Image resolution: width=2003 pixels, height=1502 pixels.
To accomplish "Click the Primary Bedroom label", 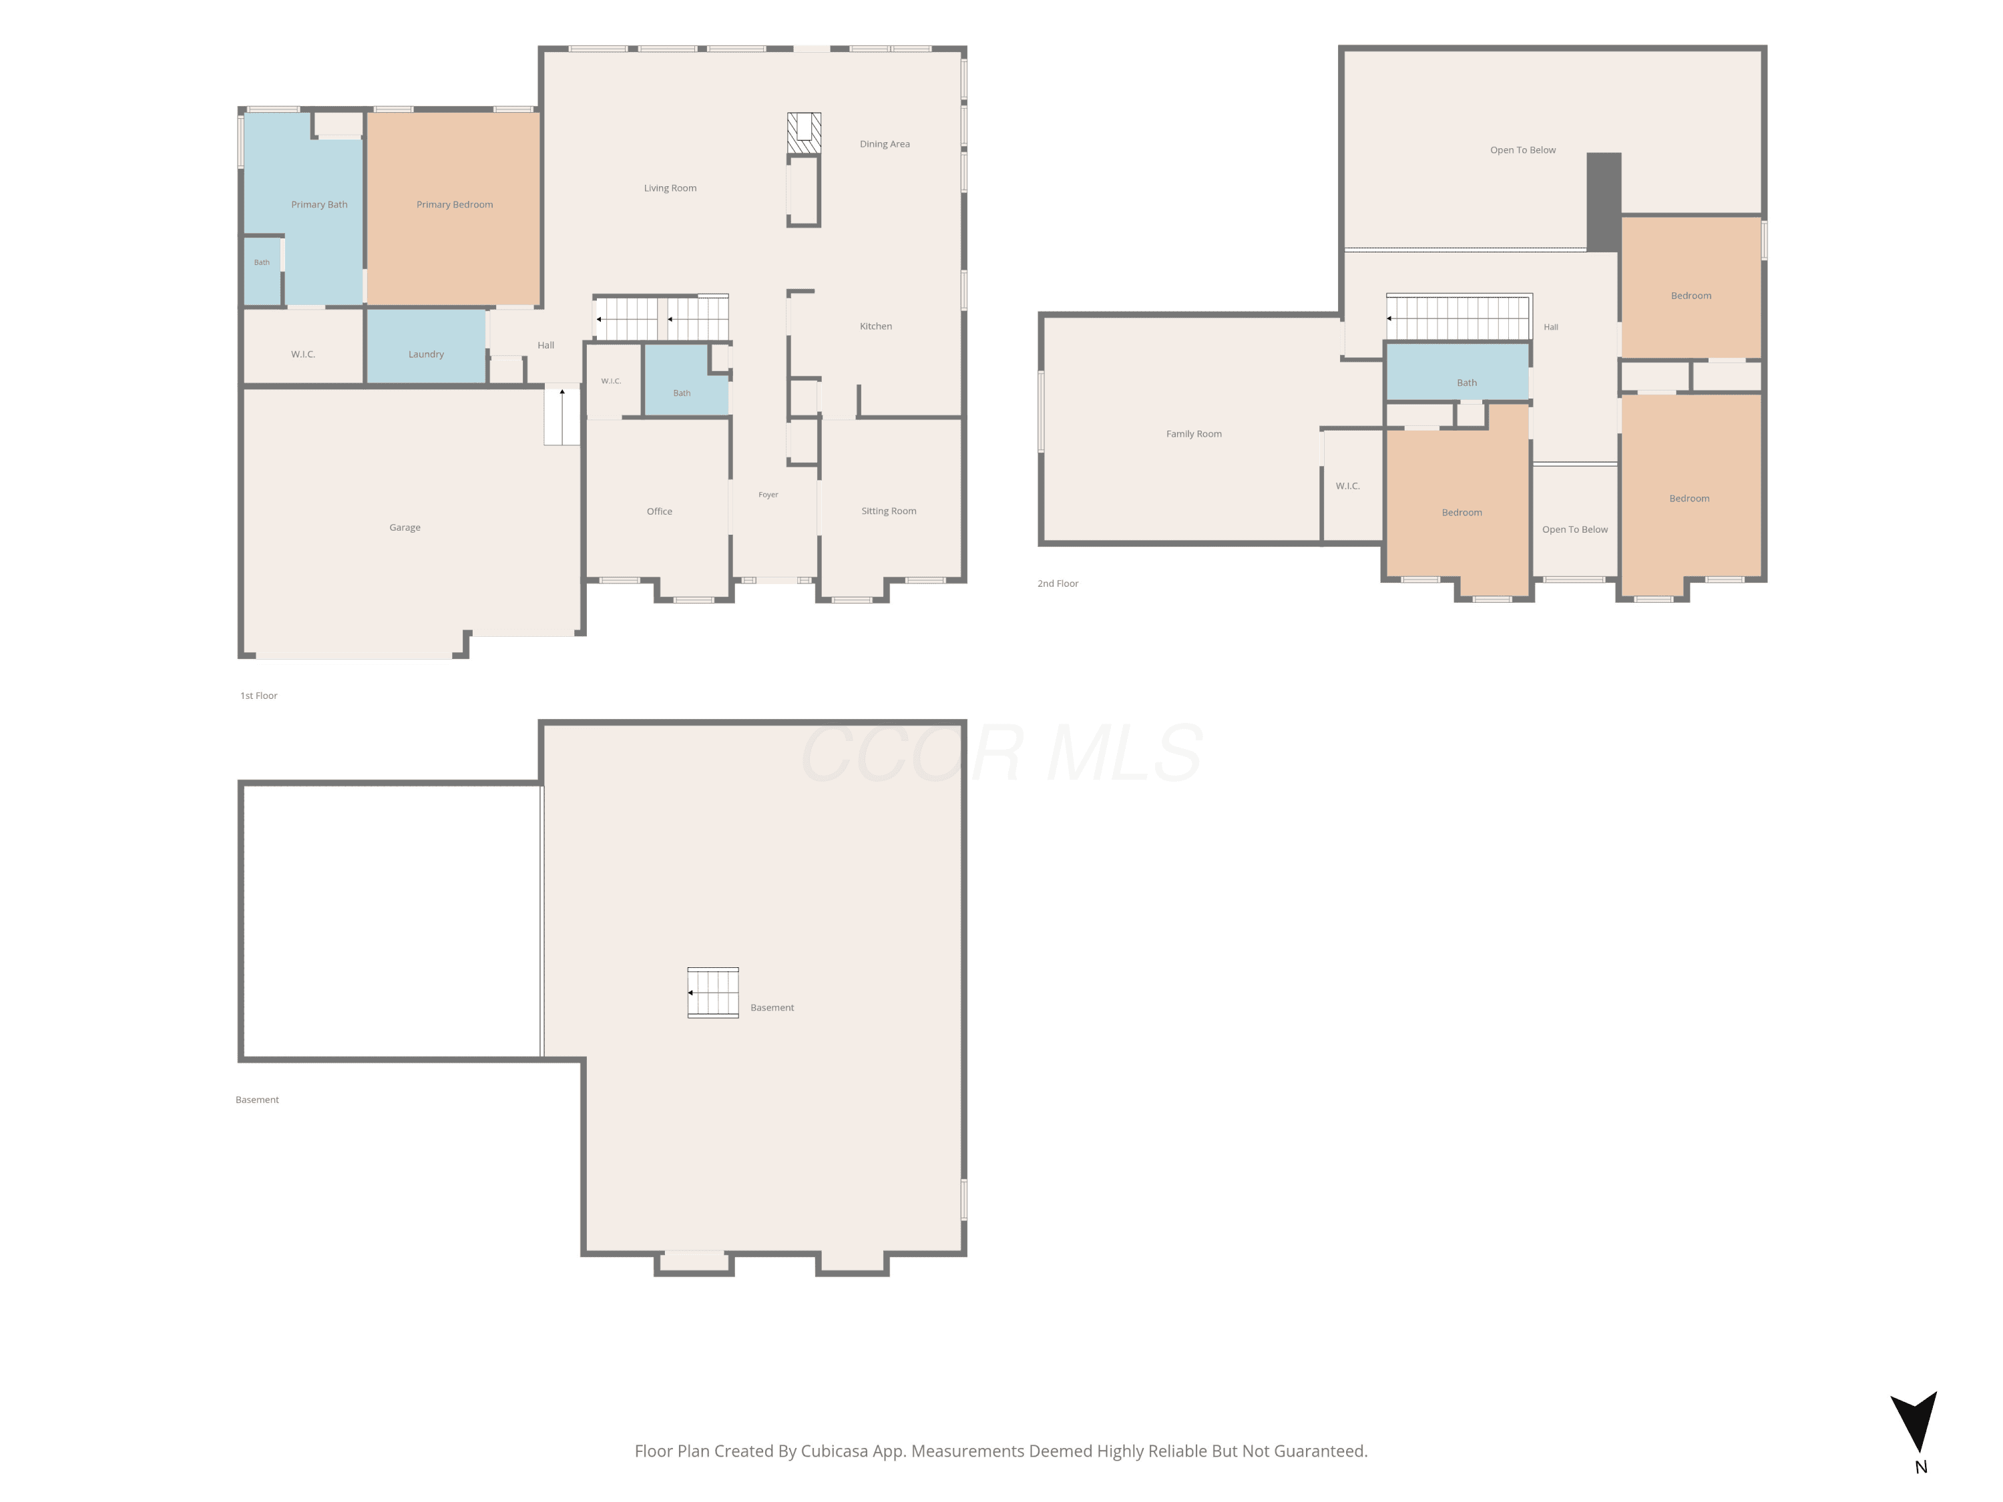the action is [x=455, y=205].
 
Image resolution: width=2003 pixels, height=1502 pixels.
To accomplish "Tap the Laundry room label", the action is [x=425, y=354].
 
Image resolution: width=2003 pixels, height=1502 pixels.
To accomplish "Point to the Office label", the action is [x=659, y=511].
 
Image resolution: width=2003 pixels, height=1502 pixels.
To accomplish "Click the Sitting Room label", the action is [x=888, y=511].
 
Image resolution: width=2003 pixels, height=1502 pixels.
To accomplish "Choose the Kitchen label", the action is [x=875, y=326].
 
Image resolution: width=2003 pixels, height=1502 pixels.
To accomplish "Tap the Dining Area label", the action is [x=885, y=144].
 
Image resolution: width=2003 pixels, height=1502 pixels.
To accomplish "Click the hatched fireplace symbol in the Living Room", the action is [x=804, y=133].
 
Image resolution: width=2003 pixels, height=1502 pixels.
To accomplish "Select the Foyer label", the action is [x=768, y=495].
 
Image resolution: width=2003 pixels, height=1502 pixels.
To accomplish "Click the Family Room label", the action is [x=1194, y=434].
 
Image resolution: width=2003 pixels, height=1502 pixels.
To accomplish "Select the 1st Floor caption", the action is [x=259, y=696].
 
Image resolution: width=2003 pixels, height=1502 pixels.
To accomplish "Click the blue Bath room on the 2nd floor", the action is [x=1457, y=372].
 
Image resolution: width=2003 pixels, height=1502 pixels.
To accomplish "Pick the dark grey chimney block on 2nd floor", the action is [x=1604, y=202].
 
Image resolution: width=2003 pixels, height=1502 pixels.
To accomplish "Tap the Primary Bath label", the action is [x=318, y=205].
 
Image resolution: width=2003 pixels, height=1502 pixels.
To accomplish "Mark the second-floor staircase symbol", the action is [x=1458, y=317].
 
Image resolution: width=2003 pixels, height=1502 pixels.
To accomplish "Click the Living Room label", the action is [x=670, y=188].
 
